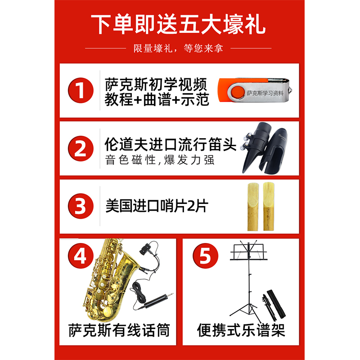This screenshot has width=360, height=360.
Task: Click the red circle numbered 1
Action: point(81,90)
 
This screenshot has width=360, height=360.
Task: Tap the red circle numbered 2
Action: point(81,148)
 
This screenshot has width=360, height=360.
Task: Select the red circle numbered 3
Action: point(81,206)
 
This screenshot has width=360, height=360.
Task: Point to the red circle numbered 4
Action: point(81,256)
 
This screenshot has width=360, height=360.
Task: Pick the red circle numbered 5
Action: point(205,256)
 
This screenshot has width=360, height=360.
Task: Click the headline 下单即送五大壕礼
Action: point(178,24)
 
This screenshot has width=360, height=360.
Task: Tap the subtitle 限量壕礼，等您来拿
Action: point(178,48)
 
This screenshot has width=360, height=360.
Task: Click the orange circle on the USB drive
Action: point(238,92)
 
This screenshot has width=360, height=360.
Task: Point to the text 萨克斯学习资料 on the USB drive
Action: point(265,93)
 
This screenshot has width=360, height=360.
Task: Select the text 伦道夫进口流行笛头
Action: point(171,144)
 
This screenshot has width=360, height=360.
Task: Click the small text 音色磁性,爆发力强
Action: point(160,160)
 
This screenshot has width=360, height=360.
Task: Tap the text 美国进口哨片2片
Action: point(157,206)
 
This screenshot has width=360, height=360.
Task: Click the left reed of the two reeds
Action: point(253,207)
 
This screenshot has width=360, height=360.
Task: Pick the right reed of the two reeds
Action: point(268,206)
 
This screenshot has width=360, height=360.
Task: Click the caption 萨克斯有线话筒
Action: point(119,330)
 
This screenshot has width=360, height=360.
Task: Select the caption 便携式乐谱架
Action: point(241,330)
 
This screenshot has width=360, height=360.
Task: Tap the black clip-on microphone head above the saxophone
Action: point(147,247)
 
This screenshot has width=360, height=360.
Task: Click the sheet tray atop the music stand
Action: point(249,252)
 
